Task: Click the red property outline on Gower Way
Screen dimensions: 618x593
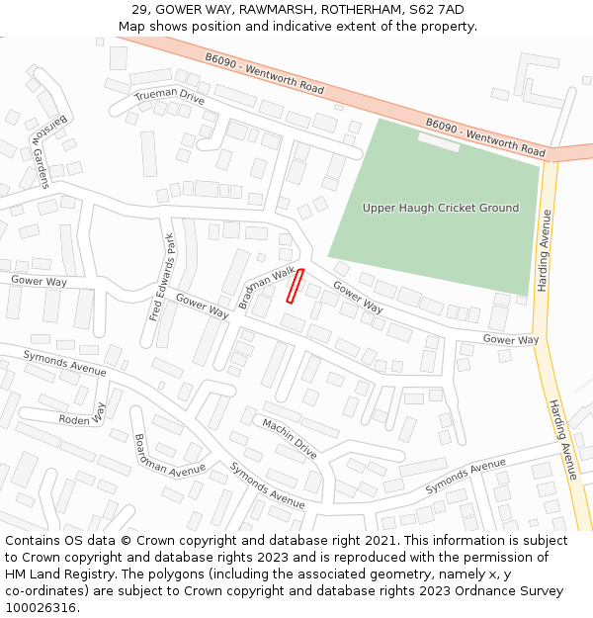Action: coord(295,286)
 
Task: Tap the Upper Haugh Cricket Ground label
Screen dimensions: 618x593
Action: coord(440,208)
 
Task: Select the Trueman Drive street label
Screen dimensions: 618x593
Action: coord(169,97)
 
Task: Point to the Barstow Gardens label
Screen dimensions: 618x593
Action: coord(47,148)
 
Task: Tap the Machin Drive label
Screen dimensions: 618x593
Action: coord(290,437)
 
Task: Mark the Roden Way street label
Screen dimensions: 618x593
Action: coord(82,419)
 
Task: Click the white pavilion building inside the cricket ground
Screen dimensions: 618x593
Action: coord(438,141)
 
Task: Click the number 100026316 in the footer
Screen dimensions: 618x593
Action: coord(40,607)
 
